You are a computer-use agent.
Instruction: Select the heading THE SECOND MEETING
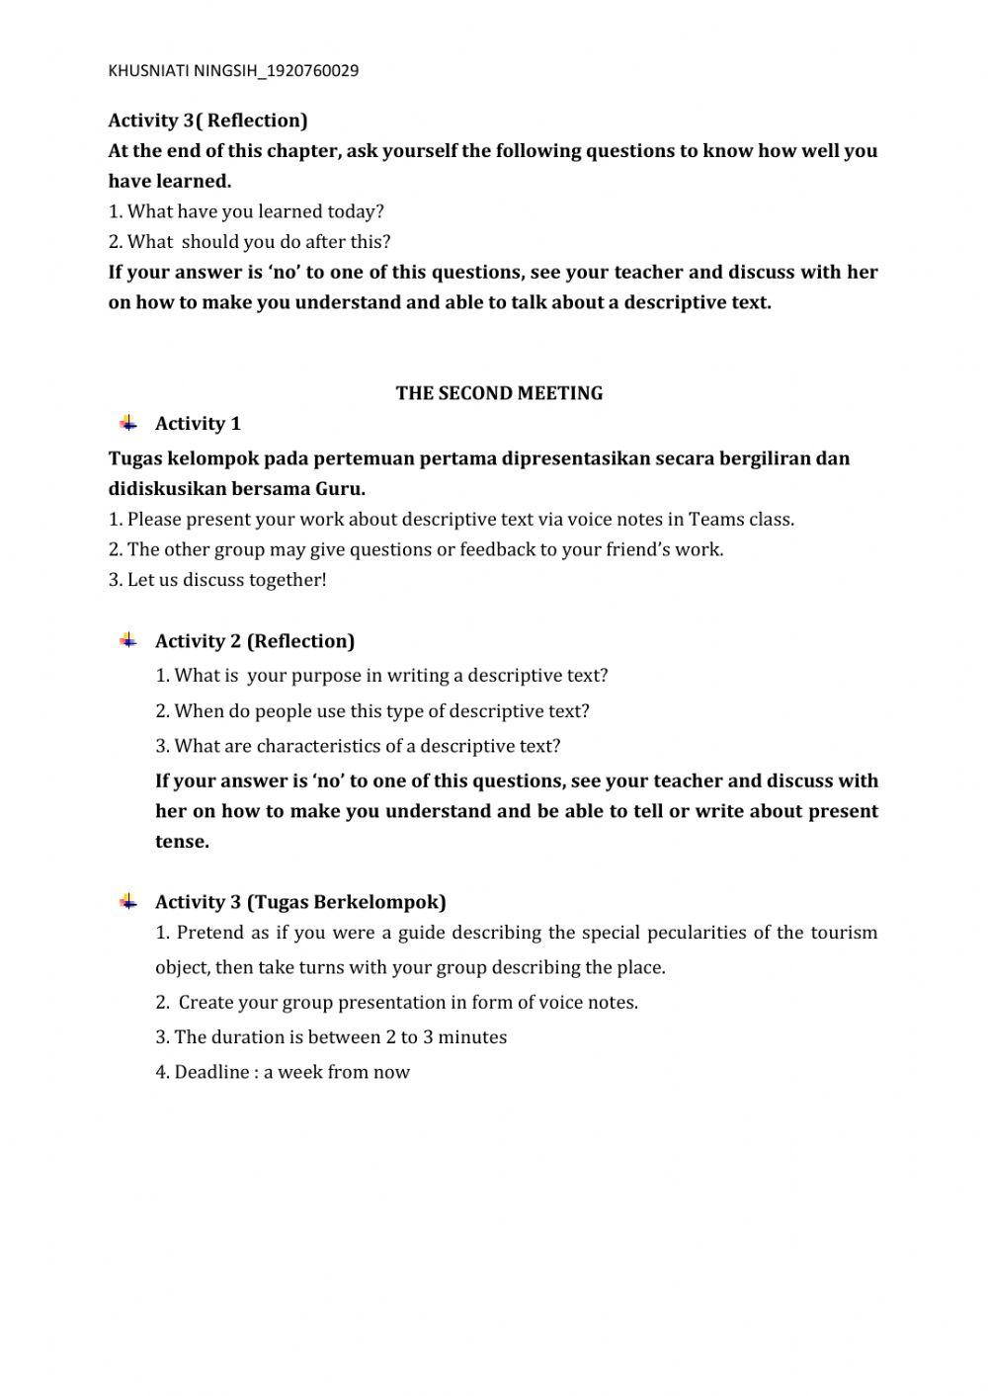(499, 393)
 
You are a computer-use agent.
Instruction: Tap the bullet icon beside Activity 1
(128, 424)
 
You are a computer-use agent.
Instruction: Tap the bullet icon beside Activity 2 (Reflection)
(128, 640)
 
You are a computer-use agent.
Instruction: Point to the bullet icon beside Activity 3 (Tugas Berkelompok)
(128, 901)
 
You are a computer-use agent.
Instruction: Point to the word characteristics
(324, 746)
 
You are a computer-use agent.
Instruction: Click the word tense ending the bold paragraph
(182, 842)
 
